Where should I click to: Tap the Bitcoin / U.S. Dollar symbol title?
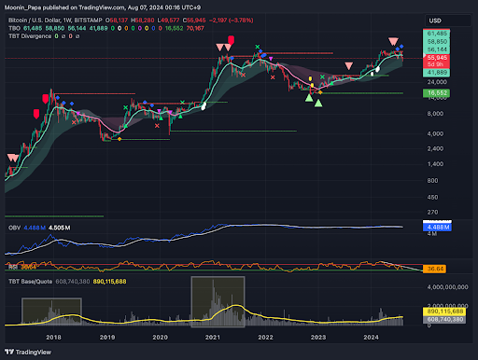[x=43, y=19]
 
